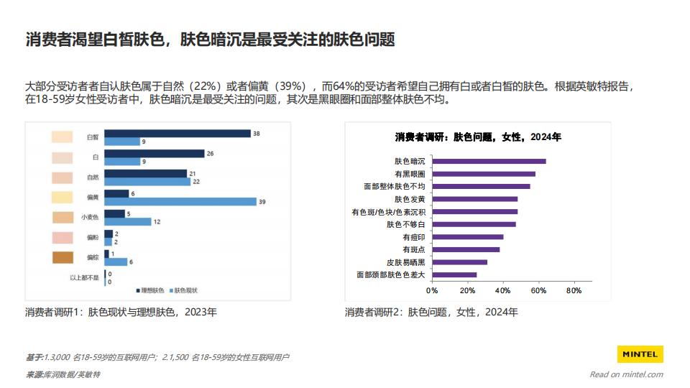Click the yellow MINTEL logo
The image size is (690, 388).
tap(640, 354)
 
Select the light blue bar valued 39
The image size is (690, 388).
tap(180, 201)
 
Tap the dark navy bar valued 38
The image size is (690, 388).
tap(178, 134)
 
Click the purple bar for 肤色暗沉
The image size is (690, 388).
tap(489, 161)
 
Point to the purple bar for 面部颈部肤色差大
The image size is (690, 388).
tap(454, 274)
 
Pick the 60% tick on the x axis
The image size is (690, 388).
tap(538, 291)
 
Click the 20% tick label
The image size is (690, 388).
tap(467, 291)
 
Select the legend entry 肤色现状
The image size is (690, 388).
tap(185, 290)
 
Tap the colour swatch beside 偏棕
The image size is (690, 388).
tap(63, 257)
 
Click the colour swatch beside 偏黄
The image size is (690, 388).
tap(63, 197)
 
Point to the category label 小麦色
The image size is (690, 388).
tap(89, 217)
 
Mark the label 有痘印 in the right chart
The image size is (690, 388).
tap(413, 236)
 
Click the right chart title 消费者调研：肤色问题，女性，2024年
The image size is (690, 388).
tap(478, 137)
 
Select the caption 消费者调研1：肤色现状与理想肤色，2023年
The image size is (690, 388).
tap(121, 312)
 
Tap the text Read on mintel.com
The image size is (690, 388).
tap(626, 374)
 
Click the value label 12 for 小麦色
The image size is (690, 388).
tap(157, 222)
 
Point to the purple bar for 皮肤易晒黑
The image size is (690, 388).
tap(459, 262)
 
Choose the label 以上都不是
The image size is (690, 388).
tap(84, 277)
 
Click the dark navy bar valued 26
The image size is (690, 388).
tap(155, 154)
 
